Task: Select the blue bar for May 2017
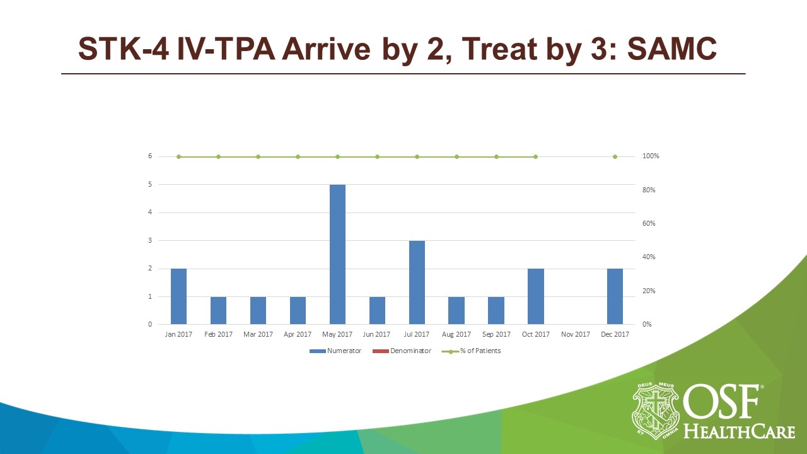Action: point(337,254)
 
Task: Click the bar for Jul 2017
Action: point(417,282)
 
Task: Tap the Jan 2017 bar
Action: point(178,296)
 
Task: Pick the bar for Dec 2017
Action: point(615,296)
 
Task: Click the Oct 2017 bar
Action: point(535,296)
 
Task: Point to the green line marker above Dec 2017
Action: point(615,156)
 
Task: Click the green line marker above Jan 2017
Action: point(178,156)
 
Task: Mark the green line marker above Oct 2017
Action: point(535,156)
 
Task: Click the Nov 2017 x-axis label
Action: point(575,334)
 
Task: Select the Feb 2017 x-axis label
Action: point(218,334)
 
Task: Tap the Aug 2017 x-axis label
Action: point(456,334)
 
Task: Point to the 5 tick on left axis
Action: point(150,185)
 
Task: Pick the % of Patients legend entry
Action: point(480,351)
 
